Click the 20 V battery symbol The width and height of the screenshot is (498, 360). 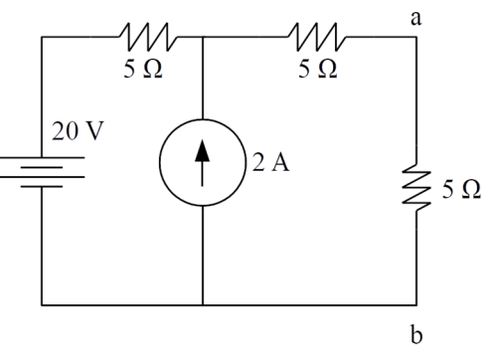(x=42, y=172)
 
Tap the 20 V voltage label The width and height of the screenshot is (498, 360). (x=78, y=131)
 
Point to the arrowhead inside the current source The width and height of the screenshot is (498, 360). (x=202, y=151)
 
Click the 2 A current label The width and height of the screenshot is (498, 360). (x=270, y=162)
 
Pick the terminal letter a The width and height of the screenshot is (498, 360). (x=416, y=19)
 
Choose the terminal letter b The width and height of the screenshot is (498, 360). (x=416, y=334)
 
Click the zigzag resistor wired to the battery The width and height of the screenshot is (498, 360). (x=148, y=37)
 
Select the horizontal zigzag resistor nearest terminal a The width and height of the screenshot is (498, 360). (x=317, y=37)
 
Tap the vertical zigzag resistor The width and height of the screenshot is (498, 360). (x=416, y=188)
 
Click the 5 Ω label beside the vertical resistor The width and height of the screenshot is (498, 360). (x=461, y=190)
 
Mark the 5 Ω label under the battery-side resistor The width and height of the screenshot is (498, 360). (x=143, y=69)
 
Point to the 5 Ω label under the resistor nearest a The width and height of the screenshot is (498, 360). (x=318, y=69)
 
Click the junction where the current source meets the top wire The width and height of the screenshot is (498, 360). (x=203, y=37)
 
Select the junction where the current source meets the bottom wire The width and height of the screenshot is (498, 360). (x=203, y=304)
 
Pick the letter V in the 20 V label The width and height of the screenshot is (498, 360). (x=93, y=131)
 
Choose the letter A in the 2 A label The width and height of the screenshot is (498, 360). (x=280, y=163)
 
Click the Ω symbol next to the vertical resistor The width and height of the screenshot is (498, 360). (x=471, y=190)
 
